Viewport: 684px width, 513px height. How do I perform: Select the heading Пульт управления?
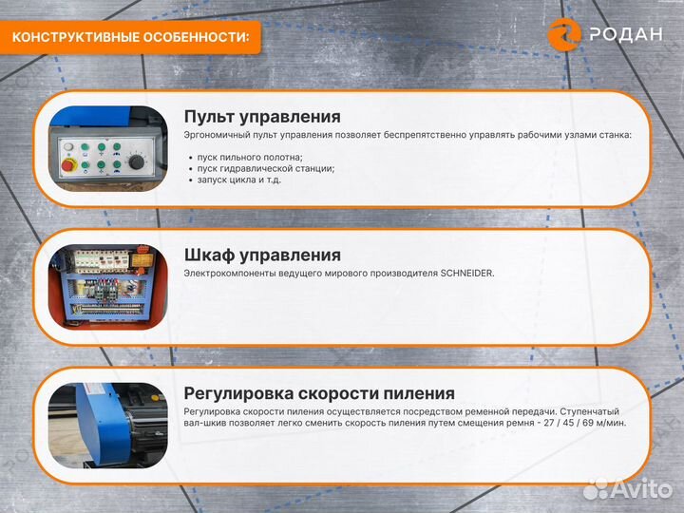[262, 117]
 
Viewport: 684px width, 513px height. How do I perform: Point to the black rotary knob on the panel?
[135, 163]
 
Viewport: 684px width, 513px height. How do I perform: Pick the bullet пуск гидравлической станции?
[266, 168]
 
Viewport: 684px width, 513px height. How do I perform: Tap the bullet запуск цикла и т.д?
[239, 180]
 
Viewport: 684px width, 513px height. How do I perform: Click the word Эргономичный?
[217, 136]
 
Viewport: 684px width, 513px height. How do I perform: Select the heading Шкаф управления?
[262, 255]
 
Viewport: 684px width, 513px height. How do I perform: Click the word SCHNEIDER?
[466, 274]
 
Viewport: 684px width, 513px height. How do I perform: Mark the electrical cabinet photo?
[107, 285]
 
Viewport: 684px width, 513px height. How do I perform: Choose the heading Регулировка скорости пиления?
[319, 393]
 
